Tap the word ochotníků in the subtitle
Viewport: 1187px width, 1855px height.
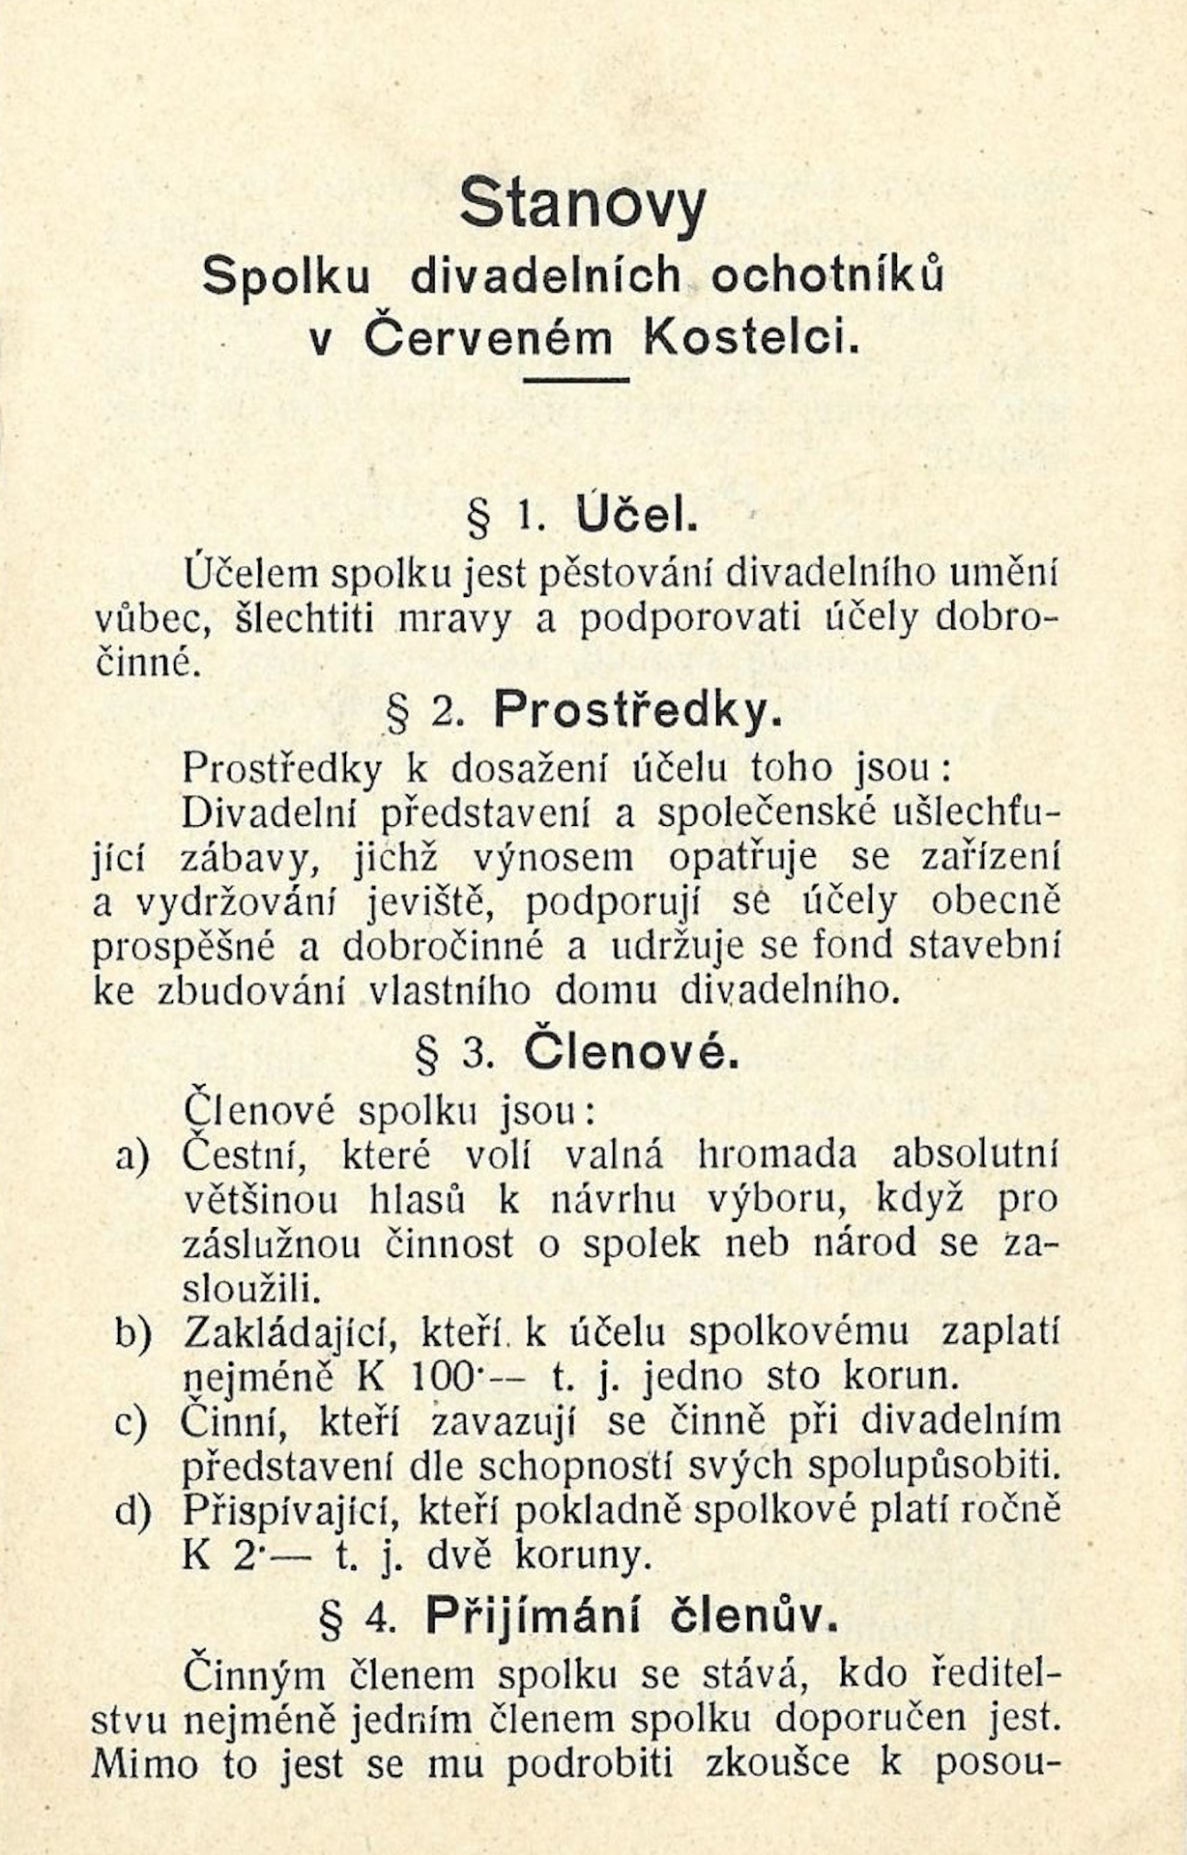tap(826, 276)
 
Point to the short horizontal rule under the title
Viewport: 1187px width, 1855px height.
tap(577, 380)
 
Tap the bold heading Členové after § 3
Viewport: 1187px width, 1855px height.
tap(632, 1054)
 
